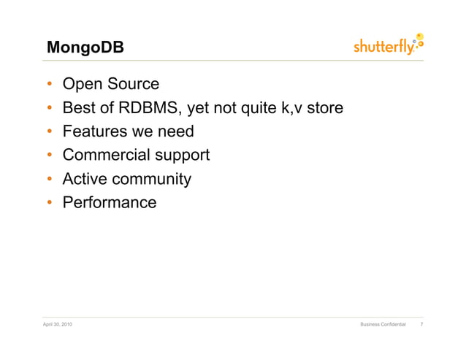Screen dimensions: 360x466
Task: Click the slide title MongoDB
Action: pyautogui.click(x=85, y=48)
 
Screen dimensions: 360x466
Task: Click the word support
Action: pyautogui.click(x=182, y=156)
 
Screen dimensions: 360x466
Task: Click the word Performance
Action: pyautogui.click(x=110, y=202)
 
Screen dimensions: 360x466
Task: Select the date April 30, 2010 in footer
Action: pyautogui.click(x=58, y=323)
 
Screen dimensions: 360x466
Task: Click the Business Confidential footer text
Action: pyautogui.click(x=383, y=323)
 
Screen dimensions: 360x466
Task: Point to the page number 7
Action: pyautogui.click(x=422, y=323)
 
